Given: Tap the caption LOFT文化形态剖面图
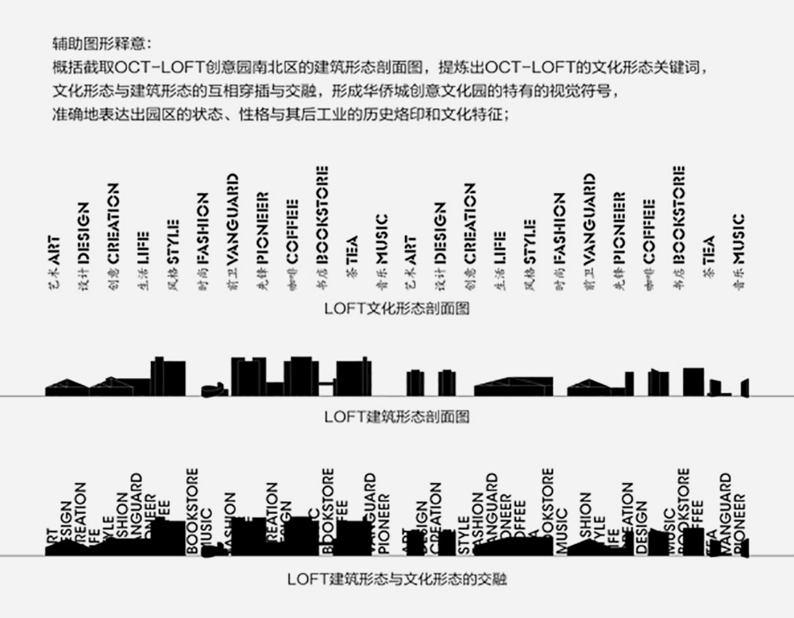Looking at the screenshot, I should coord(396,308).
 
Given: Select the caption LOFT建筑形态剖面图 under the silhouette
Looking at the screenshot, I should coord(396,416).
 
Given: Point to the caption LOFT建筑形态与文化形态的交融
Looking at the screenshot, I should coord(396,579).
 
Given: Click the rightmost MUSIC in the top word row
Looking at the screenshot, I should coord(739,239).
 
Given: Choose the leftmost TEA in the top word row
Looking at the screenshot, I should coord(352,251).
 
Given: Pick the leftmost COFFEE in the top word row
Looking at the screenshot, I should coord(292,231).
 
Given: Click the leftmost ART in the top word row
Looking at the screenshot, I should coord(54,249).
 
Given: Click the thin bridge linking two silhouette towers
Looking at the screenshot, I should coord(326,385).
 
